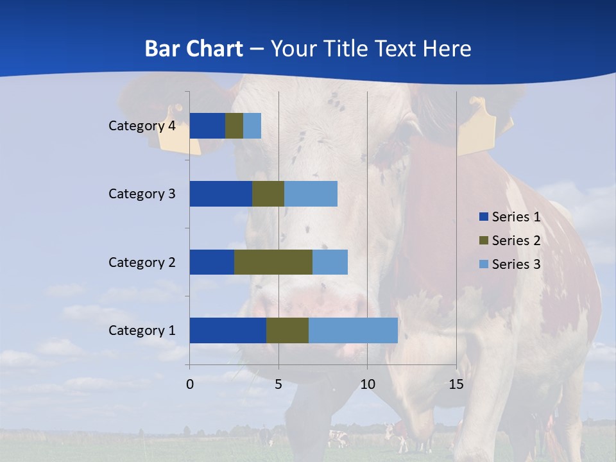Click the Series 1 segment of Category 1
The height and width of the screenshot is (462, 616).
(228, 330)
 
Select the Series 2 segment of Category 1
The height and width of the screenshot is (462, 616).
(287, 330)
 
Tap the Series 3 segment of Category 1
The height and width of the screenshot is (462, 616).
(353, 330)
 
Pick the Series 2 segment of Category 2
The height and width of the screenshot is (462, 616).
(273, 262)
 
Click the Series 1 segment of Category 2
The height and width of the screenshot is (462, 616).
(212, 262)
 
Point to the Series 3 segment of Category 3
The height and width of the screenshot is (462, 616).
(311, 194)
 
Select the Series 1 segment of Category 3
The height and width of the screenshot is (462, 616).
(221, 194)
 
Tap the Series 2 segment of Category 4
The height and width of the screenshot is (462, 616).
(234, 126)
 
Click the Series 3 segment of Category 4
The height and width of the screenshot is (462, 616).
(252, 126)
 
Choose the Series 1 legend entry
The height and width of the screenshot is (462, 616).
(510, 217)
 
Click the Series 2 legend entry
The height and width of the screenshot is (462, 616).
(510, 241)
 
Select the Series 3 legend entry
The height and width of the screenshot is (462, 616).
(510, 264)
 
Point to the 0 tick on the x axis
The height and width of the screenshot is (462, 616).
(190, 384)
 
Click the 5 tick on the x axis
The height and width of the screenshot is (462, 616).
(278, 384)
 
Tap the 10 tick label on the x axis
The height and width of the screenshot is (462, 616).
(367, 384)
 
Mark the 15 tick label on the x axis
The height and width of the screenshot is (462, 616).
(456, 384)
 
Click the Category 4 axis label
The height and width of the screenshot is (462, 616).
(142, 126)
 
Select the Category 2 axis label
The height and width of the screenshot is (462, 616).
(142, 262)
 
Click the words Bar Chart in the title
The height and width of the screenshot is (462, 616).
(194, 49)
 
